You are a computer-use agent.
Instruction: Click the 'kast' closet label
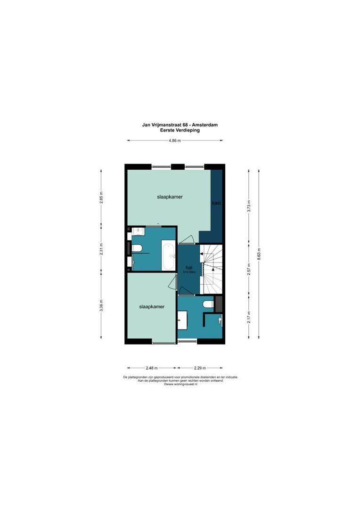coord(216,203)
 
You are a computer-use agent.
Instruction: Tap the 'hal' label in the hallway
coord(188,267)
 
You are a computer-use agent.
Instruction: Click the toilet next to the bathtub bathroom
coord(137,248)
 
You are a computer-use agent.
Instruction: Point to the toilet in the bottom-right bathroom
coord(207,305)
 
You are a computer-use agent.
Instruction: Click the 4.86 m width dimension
coord(175,140)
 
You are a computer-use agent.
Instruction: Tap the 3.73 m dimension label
coord(249,206)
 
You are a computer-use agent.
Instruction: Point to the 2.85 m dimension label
coord(101,197)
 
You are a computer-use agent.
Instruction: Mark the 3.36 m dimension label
coord(101,305)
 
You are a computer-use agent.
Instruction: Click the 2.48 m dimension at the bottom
coord(151,368)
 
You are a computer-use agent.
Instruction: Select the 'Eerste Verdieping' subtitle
coord(180,130)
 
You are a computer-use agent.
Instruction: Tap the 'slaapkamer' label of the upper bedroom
coord(170,197)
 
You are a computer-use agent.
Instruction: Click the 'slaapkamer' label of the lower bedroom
coord(152,306)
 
